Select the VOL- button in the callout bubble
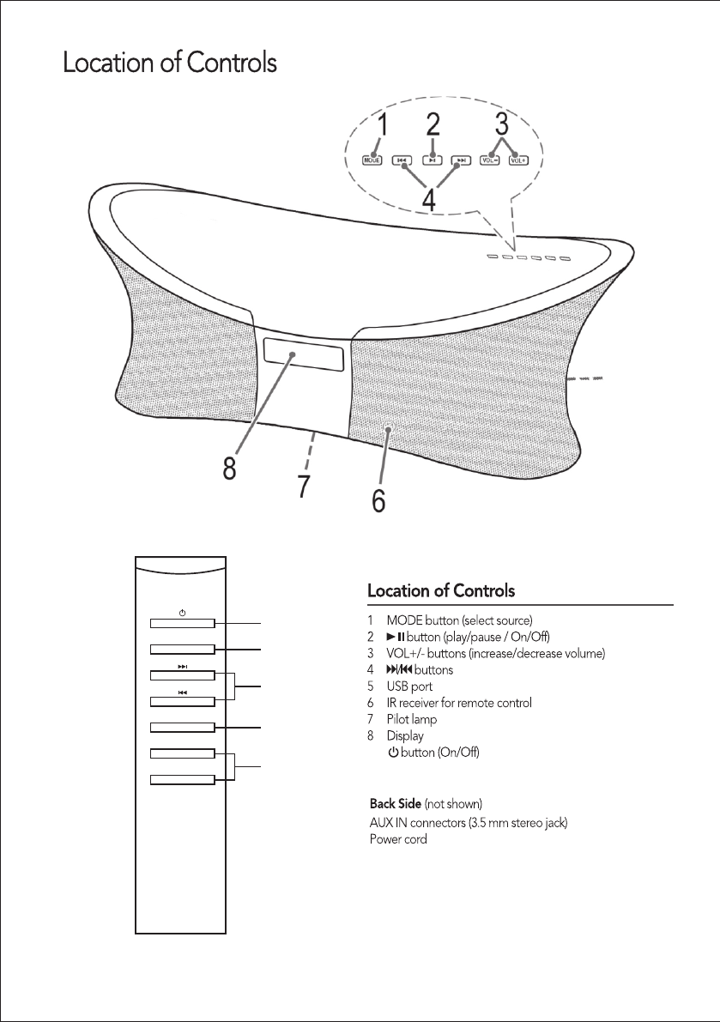490,160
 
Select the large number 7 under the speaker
303,485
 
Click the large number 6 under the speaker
378,499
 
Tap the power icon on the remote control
182,612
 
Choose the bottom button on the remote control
182,779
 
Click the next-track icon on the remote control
182,665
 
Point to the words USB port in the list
409,686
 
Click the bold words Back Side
395,803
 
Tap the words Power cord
398,838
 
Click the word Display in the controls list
405,735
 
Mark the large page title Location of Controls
169,63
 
